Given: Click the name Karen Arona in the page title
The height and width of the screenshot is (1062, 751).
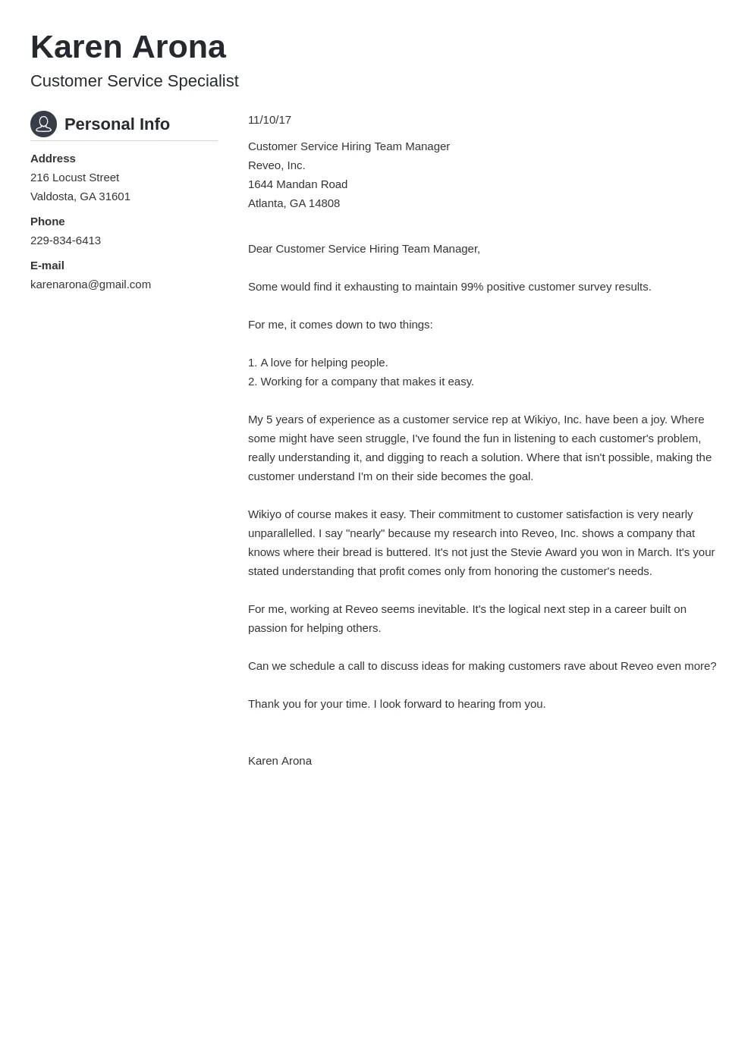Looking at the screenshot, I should (127, 47).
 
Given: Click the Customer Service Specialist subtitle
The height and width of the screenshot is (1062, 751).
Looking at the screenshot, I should (134, 81).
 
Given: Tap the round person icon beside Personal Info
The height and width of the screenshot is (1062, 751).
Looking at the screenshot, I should (43, 124).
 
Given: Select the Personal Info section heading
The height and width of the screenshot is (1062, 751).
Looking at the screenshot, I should (117, 124).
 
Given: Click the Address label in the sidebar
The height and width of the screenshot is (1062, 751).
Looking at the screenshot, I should (53, 159).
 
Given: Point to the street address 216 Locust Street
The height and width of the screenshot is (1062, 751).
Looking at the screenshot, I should (74, 178).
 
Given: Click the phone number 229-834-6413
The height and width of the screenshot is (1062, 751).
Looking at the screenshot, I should (65, 240).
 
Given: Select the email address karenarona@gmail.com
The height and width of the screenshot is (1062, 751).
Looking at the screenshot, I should (90, 284).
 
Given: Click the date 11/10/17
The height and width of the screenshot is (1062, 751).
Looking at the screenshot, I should (269, 120).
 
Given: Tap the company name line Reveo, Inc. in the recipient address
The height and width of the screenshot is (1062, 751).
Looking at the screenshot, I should (276, 165).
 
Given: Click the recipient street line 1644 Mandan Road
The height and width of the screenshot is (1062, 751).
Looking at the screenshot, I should (297, 184).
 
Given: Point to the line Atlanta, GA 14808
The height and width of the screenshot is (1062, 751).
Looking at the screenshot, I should (294, 203).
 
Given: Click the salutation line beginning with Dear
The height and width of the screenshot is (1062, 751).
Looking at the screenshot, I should (363, 249).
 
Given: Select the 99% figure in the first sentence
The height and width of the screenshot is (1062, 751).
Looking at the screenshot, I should (472, 287).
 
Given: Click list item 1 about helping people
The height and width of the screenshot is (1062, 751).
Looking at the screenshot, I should (318, 363).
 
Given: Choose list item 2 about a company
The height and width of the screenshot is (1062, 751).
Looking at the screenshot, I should (360, 382).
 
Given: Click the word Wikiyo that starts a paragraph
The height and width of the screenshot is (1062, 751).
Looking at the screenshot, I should (264, 514).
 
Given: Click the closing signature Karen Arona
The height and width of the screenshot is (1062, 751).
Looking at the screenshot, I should (279, 761).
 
